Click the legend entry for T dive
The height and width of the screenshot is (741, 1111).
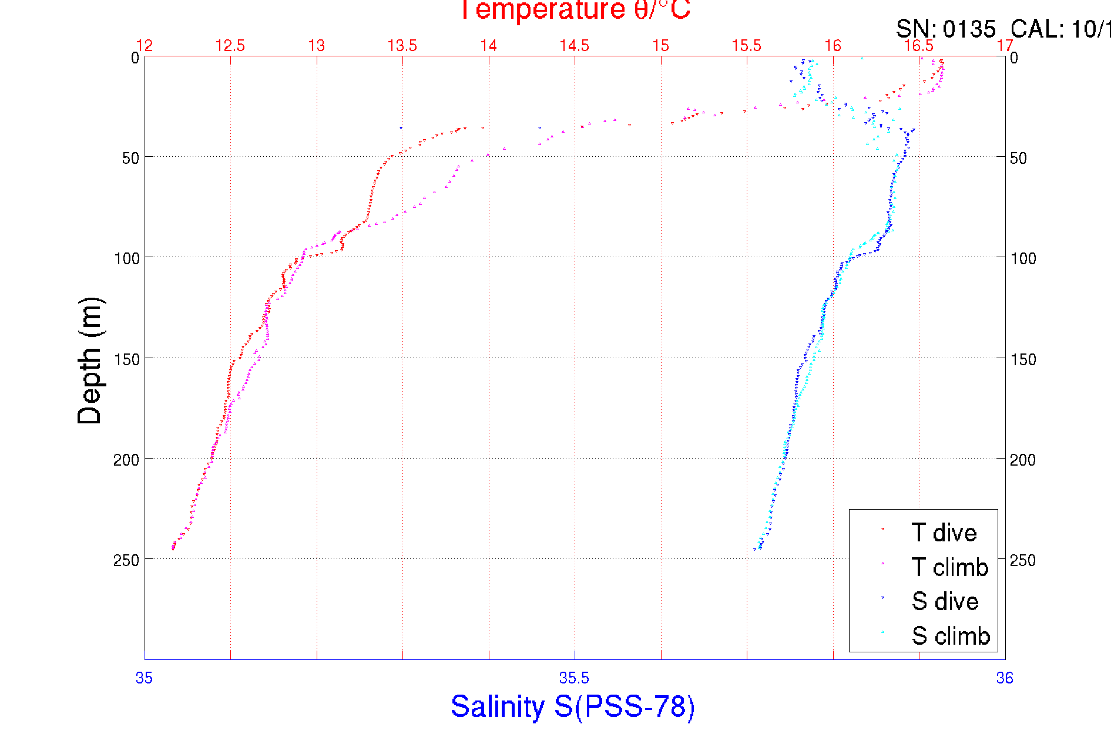point(943,533)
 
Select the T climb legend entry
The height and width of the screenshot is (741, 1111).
point(949,567)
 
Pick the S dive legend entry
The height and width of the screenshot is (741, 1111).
point(944,601)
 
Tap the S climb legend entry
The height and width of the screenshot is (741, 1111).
point(950,636)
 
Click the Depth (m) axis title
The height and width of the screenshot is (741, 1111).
point(90,361)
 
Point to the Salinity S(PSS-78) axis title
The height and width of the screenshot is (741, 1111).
point(573,706)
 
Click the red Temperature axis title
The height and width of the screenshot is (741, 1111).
point(574,10)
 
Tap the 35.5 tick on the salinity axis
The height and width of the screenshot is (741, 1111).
point(574,678)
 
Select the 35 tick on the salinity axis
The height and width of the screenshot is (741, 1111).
point(144,678)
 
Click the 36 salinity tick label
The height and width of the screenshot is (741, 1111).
point(1005,678)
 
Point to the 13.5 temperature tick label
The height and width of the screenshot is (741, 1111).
point(402,46)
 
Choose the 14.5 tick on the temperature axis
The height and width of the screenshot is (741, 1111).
point(574,46)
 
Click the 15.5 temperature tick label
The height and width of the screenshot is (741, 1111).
point(746,46)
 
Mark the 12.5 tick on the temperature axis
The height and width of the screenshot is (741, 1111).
point(230,46)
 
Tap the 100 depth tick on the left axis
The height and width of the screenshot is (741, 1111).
point(126,258)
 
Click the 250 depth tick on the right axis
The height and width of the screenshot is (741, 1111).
point(1023,560)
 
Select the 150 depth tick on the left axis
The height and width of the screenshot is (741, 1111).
point(126,359)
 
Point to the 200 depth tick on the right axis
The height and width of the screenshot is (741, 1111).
point(1023,460)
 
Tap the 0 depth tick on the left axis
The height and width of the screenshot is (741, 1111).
point(135,58)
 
